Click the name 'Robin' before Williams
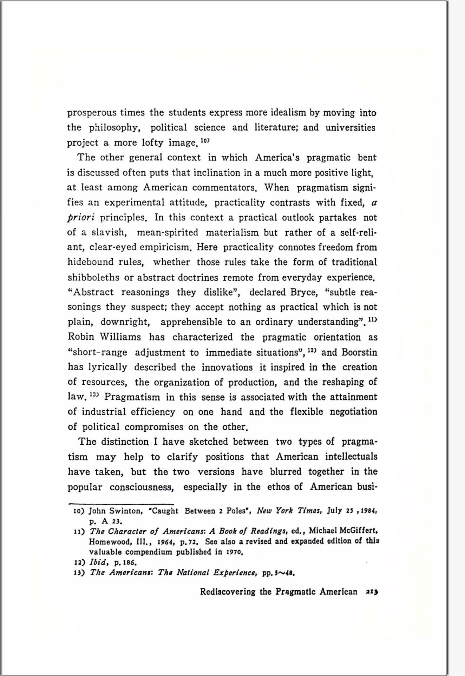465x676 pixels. click(x=81, y=337)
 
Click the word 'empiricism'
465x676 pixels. click(x=165, y=247)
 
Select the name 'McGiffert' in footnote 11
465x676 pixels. click(x=358, y=531)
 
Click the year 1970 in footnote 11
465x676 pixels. click(x=235, y=552)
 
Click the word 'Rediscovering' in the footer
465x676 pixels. click(x=228, y=592)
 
